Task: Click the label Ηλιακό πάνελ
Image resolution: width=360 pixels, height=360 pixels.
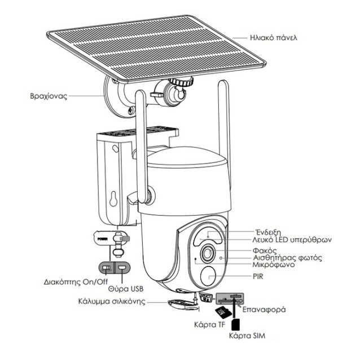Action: (x=273, y=38)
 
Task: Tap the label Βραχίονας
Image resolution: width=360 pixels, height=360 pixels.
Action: (x=49, y=96)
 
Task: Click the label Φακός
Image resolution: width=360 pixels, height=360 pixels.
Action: (x=264, y=249)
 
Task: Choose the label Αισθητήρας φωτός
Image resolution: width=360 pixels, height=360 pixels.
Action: (x=286, y=258)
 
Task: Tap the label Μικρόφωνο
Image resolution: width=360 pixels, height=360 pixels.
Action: (x=272, y=265)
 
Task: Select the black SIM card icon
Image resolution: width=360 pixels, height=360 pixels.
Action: (x=235, y=324)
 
